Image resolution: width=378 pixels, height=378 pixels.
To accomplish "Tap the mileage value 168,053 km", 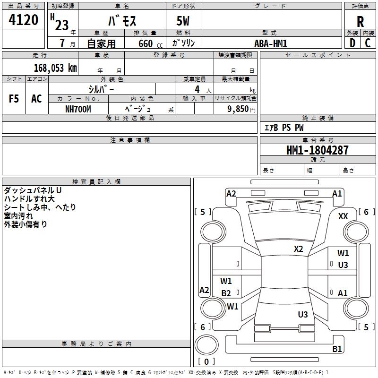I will (x=55, y=68).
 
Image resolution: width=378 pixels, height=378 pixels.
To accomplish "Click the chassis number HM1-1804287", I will (x=318, y=151).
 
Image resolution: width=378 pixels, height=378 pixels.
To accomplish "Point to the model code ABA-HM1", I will (x=271, y=43).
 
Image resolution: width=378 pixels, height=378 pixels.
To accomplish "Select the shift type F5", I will (x=14, y=99).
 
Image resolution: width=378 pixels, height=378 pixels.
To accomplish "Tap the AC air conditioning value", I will (x=36, y=99).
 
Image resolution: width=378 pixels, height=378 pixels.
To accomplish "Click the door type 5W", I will (x=184, y=21).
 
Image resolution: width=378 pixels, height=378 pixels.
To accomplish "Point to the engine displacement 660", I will (x=145, y=44).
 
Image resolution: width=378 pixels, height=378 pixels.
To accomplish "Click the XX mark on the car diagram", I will (x=344, y=216).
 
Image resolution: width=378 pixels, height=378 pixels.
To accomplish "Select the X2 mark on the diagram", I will (x=299, y=249).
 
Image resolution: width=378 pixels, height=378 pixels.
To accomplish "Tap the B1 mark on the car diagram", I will (x=337, y=349).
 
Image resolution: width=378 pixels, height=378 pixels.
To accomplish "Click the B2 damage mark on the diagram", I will (x=226, y=293).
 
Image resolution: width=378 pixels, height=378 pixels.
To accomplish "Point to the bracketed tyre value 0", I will (x=206, y=361).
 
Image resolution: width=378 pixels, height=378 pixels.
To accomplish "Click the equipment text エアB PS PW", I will (x=283, y=128).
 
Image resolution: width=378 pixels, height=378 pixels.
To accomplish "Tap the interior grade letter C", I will (x=368, y=43).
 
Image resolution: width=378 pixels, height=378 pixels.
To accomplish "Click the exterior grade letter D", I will (x=352, y=43).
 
